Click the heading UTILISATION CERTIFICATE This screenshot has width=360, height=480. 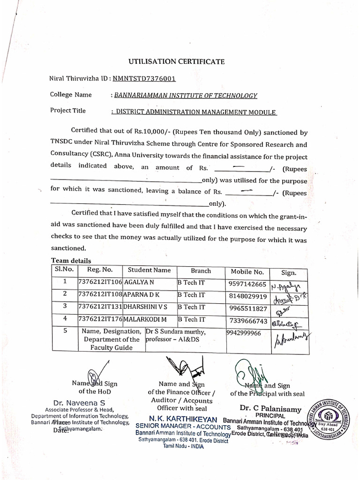pyautogui.click(x=177, y=61)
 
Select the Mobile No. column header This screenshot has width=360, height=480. pyautogui.click(x=247, y=272)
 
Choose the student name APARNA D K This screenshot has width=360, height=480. pyautogui.click(x=142, y=295)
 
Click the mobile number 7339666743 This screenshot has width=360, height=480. pyautogui.click(x=248, y=321)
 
